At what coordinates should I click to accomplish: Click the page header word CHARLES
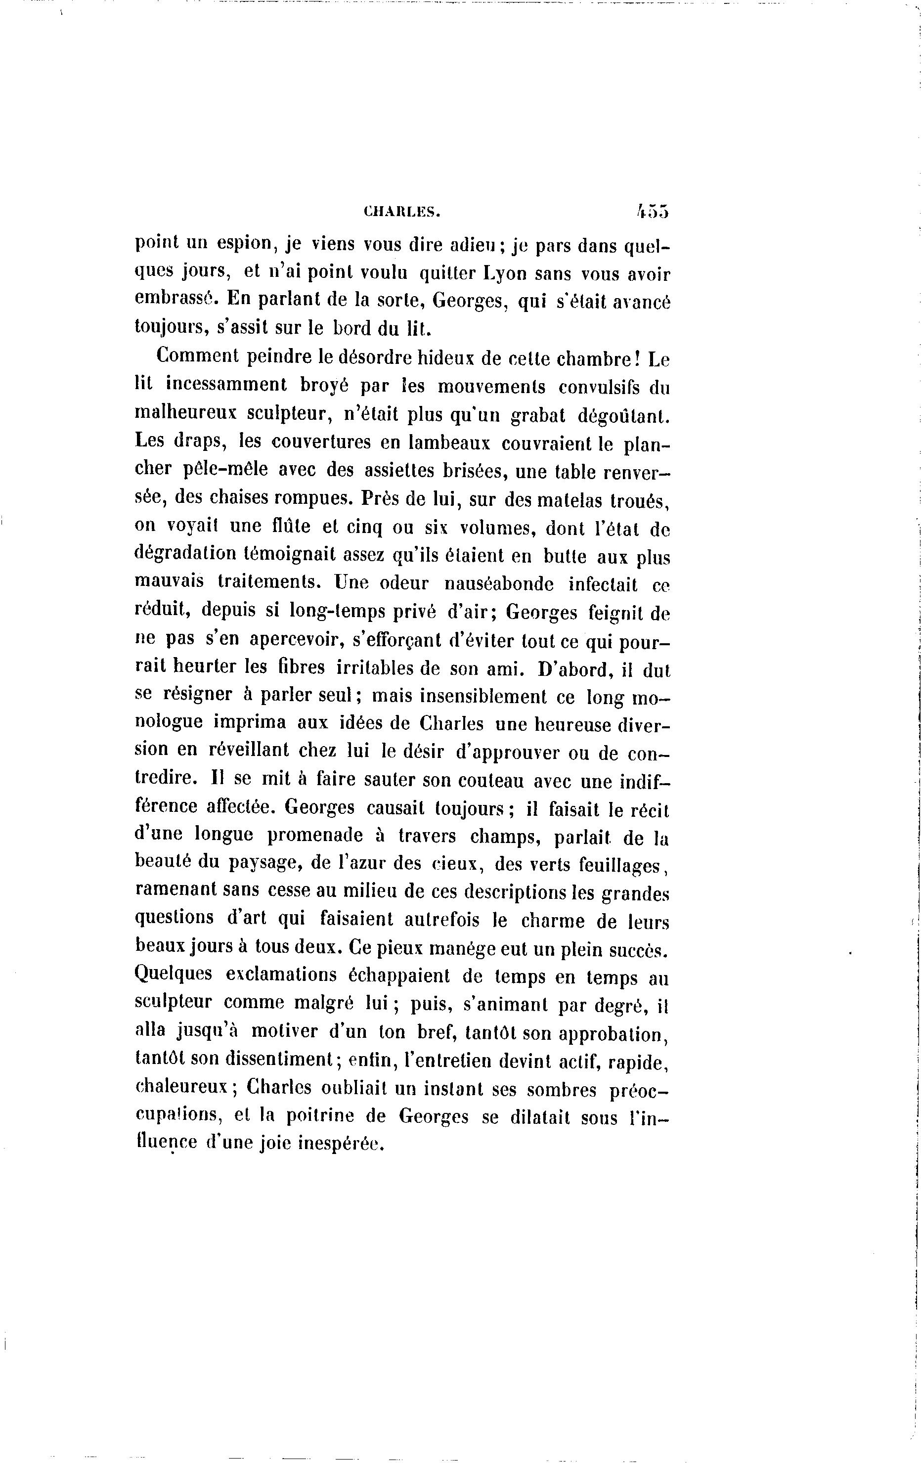401,212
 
